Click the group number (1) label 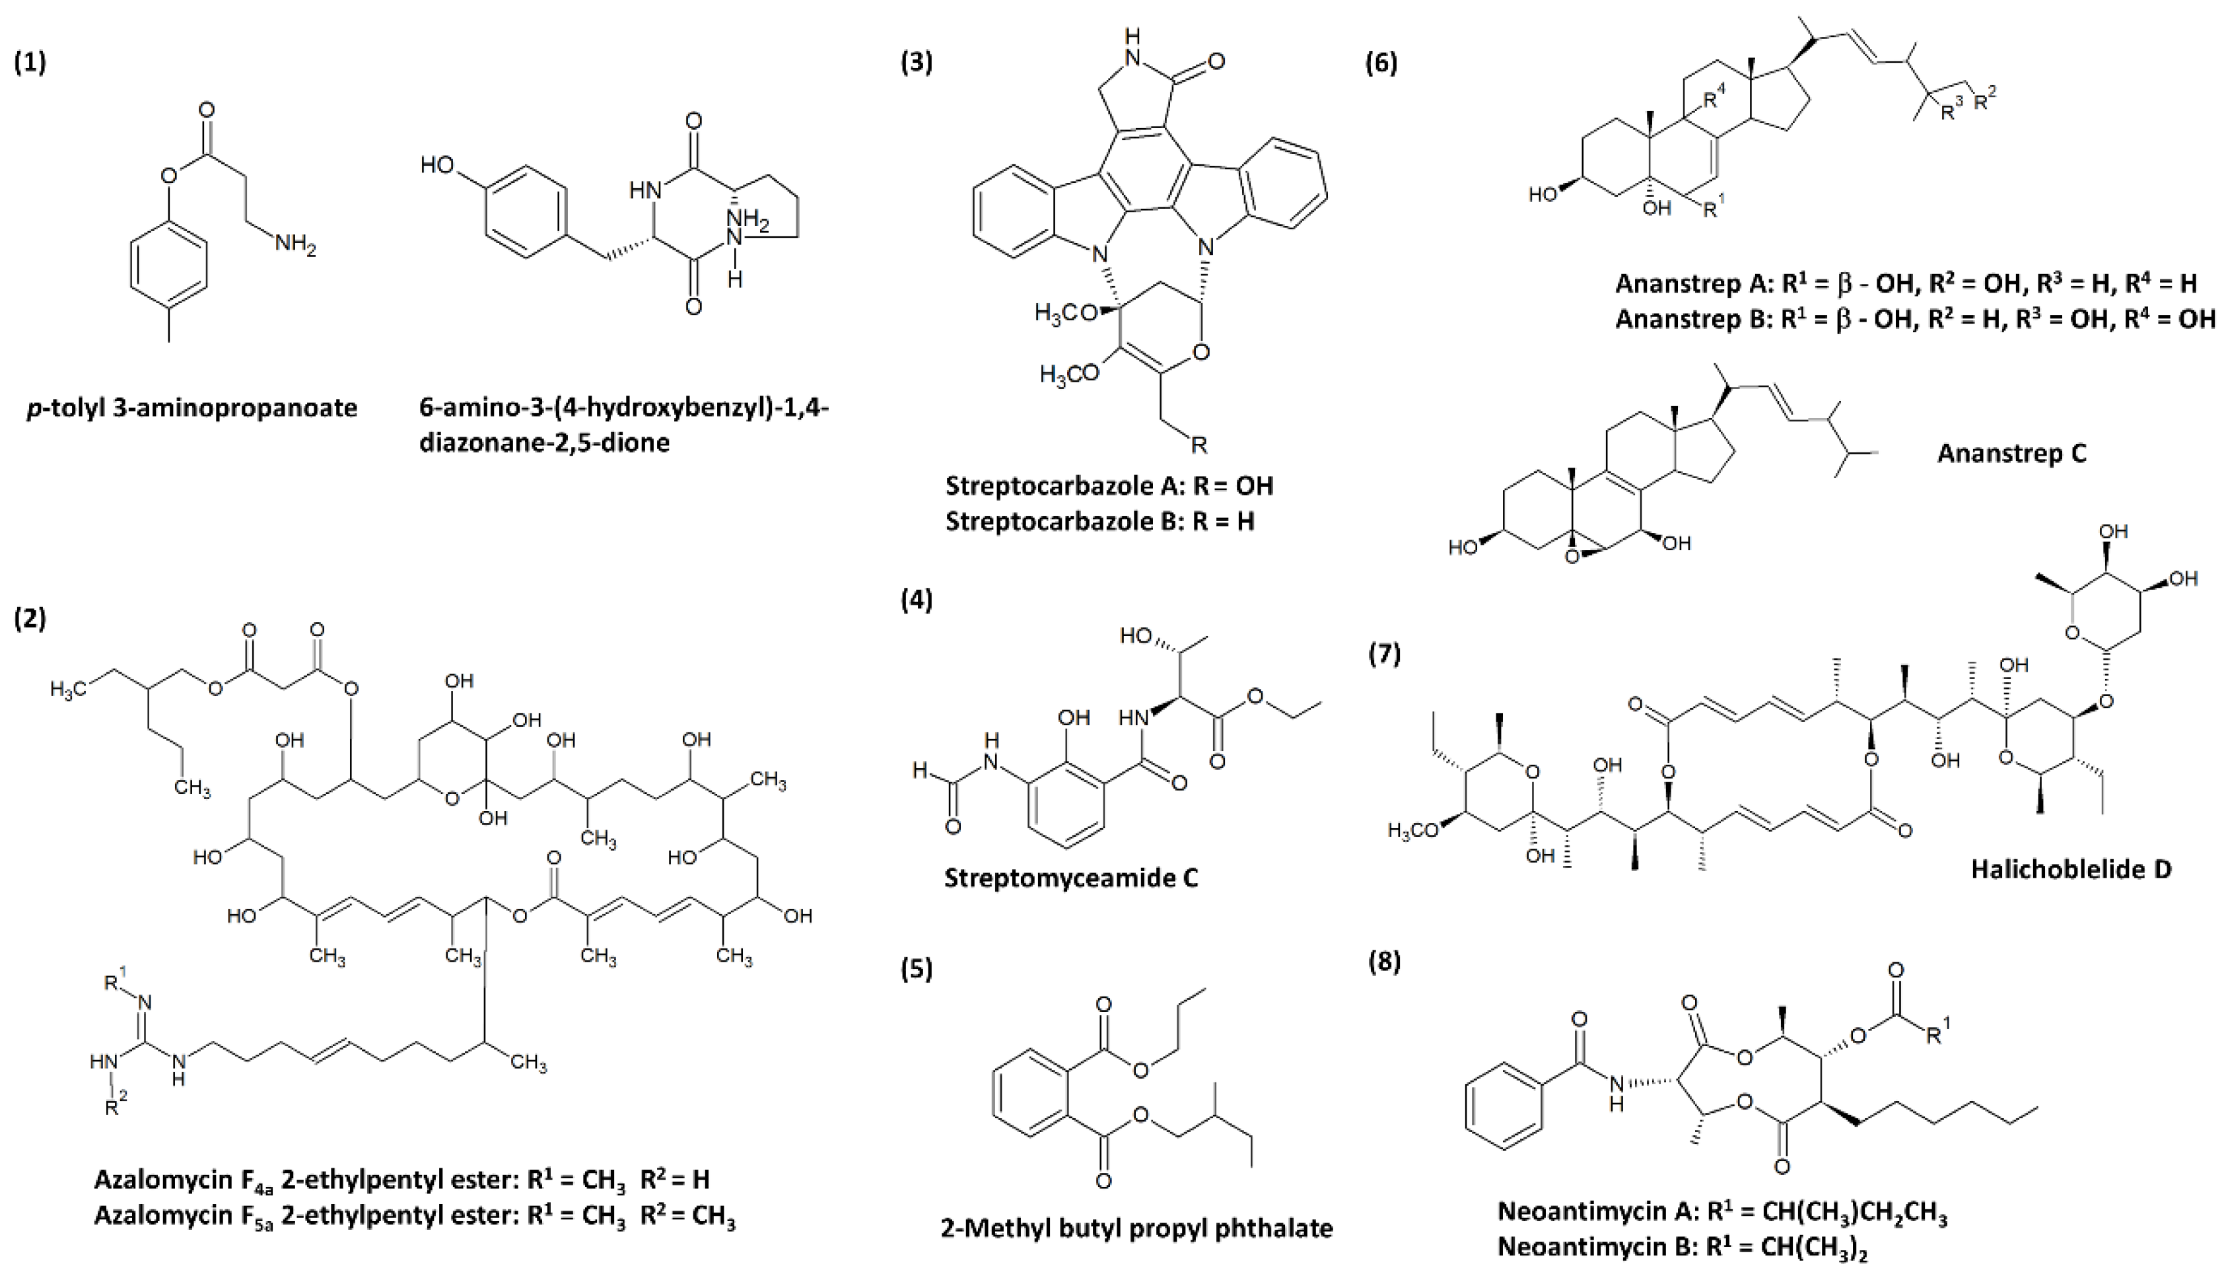[30, 64]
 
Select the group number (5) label [917, 970]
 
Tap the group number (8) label [1384, 962]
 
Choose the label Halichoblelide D [2071, 869]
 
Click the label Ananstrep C [2011, 453]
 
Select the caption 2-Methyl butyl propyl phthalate [1136, 1228]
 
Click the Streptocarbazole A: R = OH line [1109, 485]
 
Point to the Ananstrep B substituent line [1915, 318]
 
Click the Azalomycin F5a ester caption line [414, 1217]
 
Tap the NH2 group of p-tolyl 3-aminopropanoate [295, 244]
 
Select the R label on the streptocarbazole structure [1199, 445]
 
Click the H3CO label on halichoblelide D [1414, 831]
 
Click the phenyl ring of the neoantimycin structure [1503, 1106]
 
